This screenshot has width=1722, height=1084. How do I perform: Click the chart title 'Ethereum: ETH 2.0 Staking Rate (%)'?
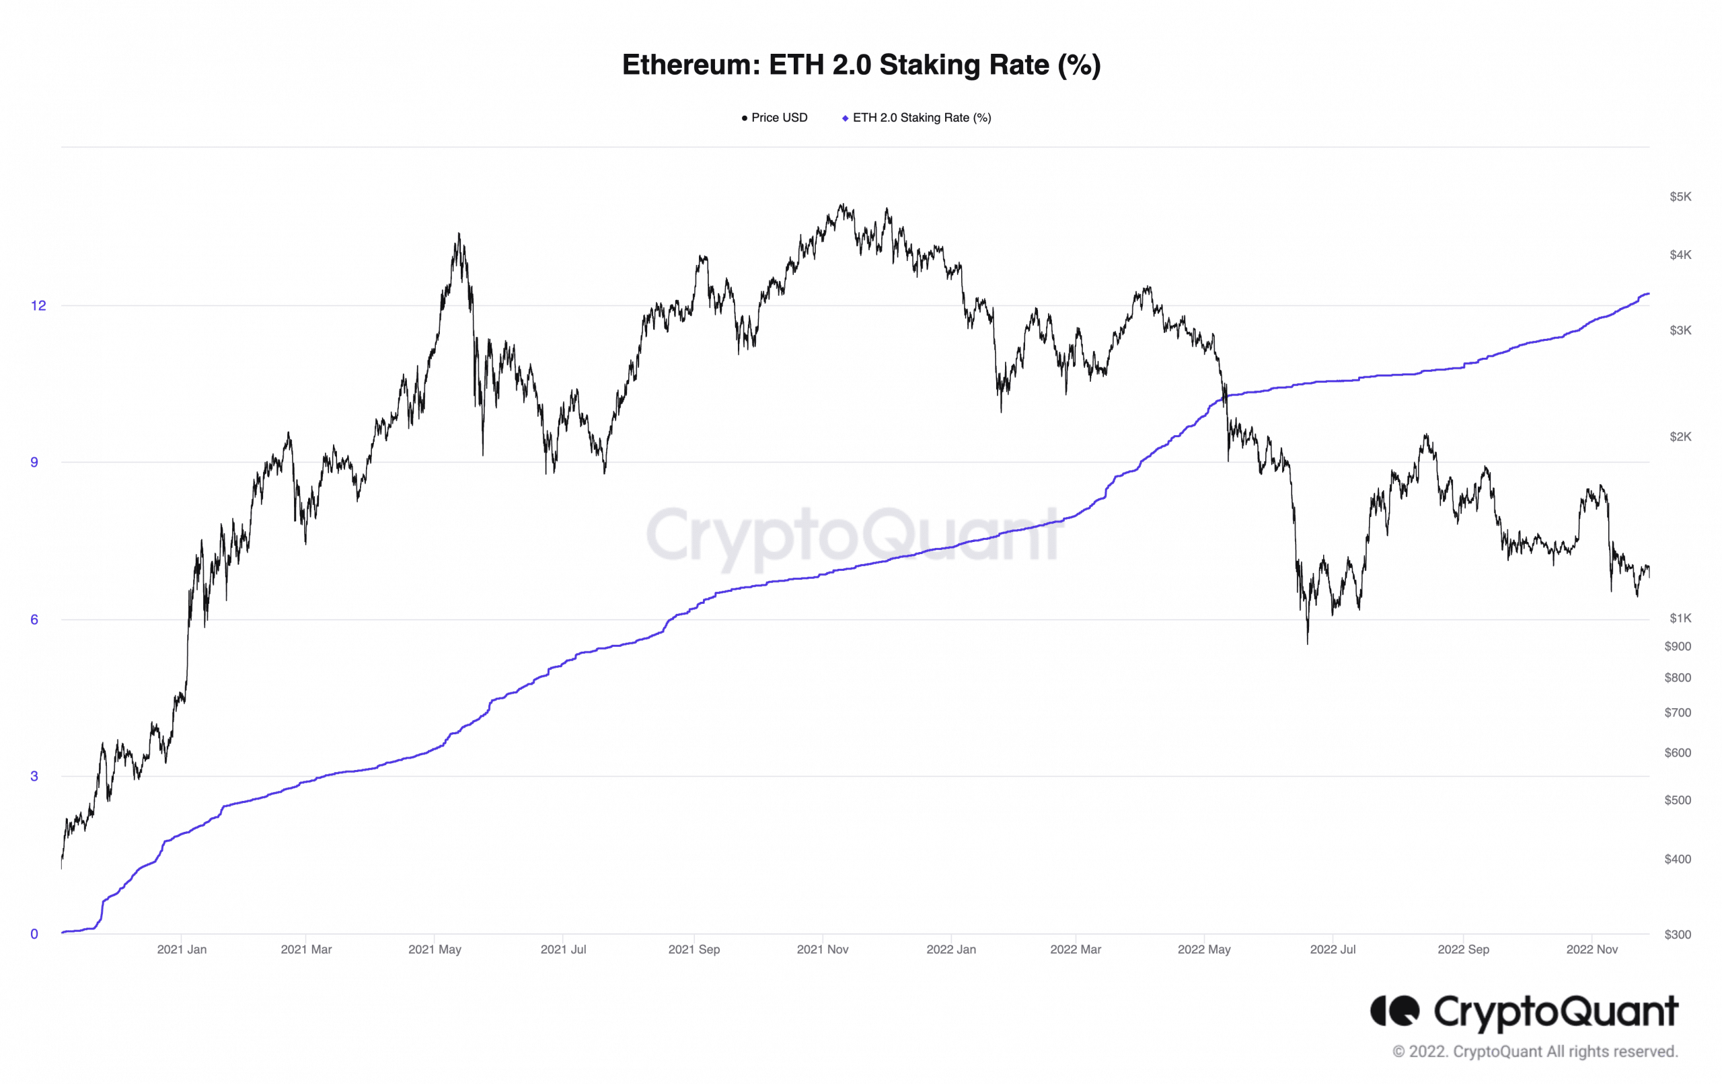click(x=861, y=65)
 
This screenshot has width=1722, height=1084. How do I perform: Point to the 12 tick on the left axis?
click(x=38, y=306)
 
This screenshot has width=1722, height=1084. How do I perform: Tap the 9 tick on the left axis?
click(x=34, y=463)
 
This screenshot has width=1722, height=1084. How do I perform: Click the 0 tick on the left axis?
click(x=34, y=934)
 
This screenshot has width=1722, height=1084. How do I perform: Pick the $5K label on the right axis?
click(x=1680, y=196)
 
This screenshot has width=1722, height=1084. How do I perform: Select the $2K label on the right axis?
click(x=1680, y=437)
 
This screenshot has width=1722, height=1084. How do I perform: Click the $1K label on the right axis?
click(x=1680, y=619)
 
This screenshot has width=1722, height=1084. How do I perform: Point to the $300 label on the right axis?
click(x=1678, y=935)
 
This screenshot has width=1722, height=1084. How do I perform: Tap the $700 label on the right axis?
click(x=1678, y=713)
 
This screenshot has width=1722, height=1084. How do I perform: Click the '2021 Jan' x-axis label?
click(x=182, y=950)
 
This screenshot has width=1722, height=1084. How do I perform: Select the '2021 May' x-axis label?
click(x=435, y=950)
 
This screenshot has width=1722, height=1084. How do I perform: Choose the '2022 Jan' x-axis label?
click(x=951, y=950)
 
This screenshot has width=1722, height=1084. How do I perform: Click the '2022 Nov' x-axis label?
click(x=1592, y=950)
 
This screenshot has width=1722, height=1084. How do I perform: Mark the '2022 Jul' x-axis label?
click(x=1333, y=950)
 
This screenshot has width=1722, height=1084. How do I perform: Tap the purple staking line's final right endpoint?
click(x=1648, y=294)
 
